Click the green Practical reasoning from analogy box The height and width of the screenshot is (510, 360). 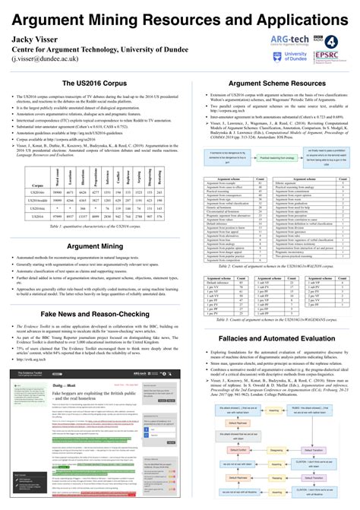click(270, 157)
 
